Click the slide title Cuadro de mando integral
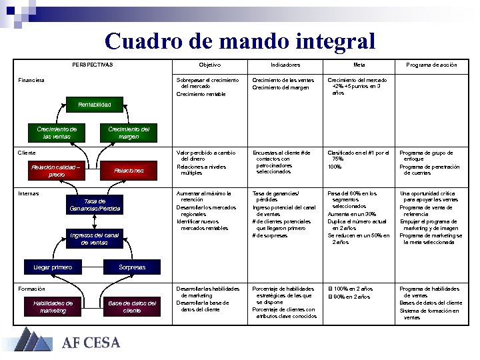coord(240,41)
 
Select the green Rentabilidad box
coord(94,105)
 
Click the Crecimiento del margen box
coord(129,133)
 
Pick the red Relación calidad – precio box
coord(57,171)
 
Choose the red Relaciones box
coord(129,171)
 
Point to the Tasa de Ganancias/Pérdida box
coord(95,205)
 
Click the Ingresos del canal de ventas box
coord(95,239)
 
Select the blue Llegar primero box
coord(53,267)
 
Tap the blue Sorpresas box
coord(132,267)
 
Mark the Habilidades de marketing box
coord(53,307)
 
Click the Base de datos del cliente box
coord(132,307)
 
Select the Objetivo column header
coord(210,65)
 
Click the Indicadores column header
coord(285,65)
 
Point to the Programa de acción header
coord(432,65)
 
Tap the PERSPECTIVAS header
coord(93,65)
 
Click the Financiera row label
coord(31,80)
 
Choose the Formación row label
coord(31,289)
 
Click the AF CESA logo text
coord(91,343)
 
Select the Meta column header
coord(359,65)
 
